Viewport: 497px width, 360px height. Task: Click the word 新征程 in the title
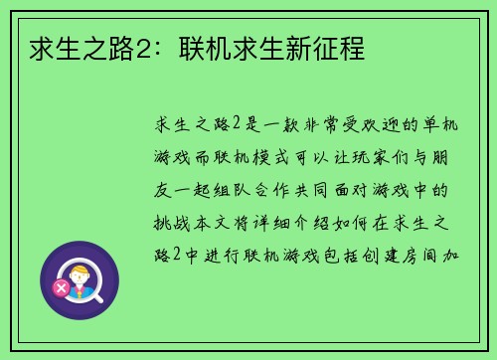[x=332, y=47]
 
